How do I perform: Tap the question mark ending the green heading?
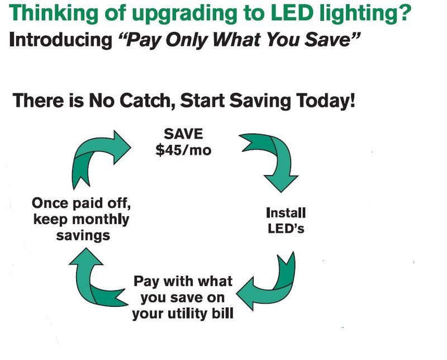tap(404, 12)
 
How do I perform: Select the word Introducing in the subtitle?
tap(61, 40)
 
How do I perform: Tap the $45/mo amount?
tap(183, 150)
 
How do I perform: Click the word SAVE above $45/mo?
tap(183, 134)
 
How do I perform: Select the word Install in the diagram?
tap(286, 213)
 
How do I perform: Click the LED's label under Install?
tap(286, 229)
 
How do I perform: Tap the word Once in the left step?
tap(50, 203)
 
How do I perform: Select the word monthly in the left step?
tap(101, 220)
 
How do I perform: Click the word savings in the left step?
tap(83, 236)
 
